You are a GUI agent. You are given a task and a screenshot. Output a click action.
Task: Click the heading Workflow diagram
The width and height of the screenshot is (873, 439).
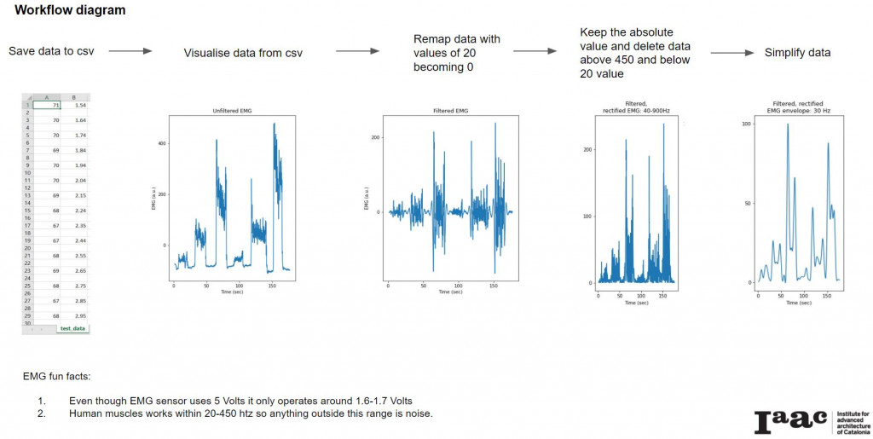tap(70, 11)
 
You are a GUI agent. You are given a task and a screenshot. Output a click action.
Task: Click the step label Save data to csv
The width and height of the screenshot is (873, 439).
tap(51, 51)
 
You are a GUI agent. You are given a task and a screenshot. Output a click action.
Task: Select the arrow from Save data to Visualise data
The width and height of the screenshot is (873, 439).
tap(130, 51)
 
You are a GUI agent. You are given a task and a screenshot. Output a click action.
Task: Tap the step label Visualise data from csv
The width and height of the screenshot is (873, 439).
tap(243, 53)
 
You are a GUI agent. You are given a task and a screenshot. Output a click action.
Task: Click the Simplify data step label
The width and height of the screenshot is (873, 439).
tap(798, 53)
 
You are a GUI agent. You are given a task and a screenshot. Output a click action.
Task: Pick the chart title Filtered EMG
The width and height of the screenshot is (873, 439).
tap(450, 113)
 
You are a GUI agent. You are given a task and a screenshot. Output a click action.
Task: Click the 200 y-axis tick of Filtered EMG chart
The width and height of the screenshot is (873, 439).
tap(374, 136)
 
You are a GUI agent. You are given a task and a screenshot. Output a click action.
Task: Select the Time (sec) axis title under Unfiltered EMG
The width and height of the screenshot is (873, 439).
tap(231, 292)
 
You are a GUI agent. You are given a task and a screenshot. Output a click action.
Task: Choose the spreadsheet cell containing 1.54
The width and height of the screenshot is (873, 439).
tap(79, 105)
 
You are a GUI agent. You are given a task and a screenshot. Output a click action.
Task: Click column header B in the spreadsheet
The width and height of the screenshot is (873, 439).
tap(75, 97)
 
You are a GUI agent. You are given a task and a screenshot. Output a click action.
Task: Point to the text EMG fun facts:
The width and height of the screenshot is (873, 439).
tap(64, 376)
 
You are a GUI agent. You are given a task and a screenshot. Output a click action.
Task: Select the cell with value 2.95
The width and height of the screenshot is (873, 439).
tap(79, 316)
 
